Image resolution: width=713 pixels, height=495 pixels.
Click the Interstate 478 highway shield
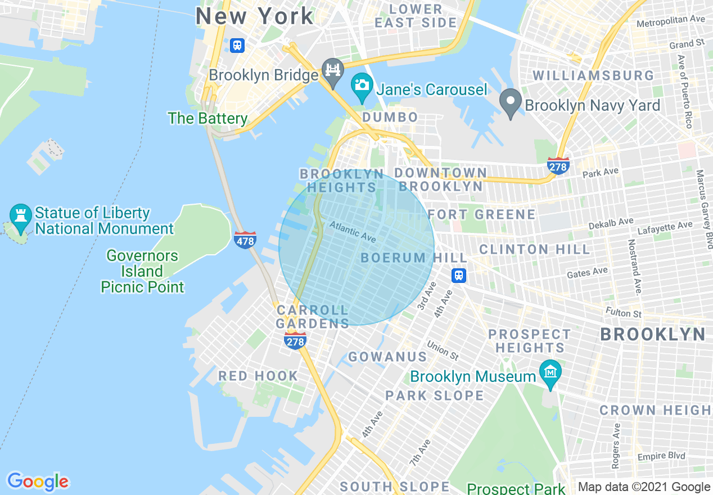[245, 240]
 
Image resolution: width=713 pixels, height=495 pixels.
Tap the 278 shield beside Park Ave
[558, 166]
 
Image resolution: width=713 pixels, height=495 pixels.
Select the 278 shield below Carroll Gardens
[295, 340]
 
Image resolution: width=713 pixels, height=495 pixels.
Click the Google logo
[38, 481]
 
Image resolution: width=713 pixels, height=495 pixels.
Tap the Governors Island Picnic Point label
[142, 271]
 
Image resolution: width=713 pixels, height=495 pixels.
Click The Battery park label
[207, 118]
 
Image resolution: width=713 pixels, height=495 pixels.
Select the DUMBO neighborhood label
[390, 117]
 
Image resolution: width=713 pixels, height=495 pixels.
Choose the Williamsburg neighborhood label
[593, 75]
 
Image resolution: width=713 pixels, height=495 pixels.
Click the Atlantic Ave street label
[353, 231]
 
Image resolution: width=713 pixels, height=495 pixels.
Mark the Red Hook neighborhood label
[258, 376]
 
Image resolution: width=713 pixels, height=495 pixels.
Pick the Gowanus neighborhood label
[387, 357]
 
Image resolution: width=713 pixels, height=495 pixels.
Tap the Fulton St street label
[624, 312]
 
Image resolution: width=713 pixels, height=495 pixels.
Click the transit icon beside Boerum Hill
[459, 276]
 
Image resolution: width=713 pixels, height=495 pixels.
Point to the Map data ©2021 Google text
[644, 487]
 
